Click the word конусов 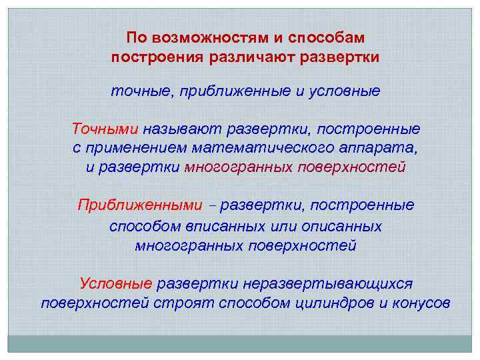click(x=425, y=303)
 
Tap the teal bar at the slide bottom click(x=240, y=343)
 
